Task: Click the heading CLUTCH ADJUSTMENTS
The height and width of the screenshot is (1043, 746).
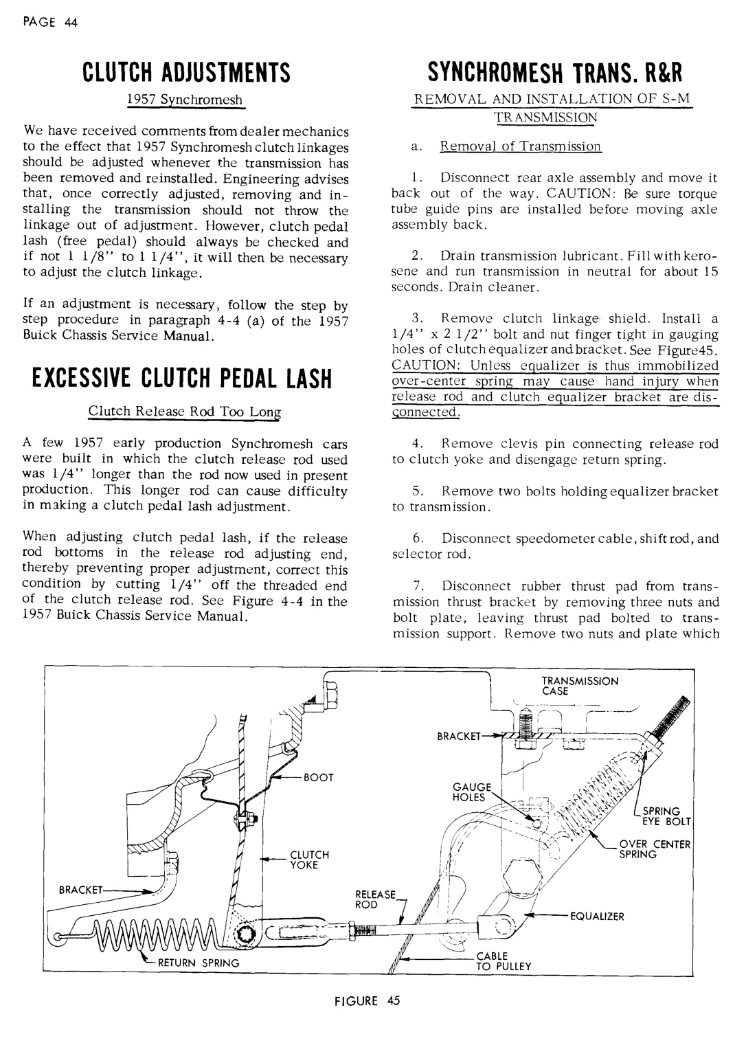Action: pyautogui.click(x=184, y=71)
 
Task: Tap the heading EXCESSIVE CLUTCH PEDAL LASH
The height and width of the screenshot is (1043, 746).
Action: pyautogui.click(x=181, y=378)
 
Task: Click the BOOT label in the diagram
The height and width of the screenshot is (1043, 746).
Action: pyautogui.click(x=317, y=777)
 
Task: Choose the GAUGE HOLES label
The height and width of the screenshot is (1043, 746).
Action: pyautogui.click(x=471, y=792)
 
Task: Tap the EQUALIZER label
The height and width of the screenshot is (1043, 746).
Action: pyautogui.click(x=596, y=917)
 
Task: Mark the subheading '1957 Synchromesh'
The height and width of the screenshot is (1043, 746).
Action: pyautogui.click(x=184, y=100)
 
